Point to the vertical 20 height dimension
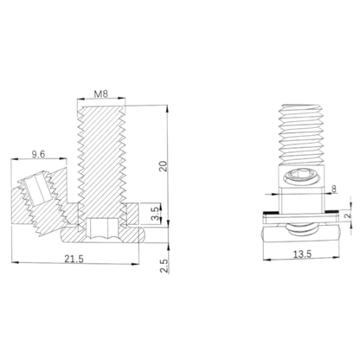[162, 167]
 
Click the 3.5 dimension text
[153, 211]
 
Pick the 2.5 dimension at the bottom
[162, 265]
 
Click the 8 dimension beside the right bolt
[334, 188]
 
